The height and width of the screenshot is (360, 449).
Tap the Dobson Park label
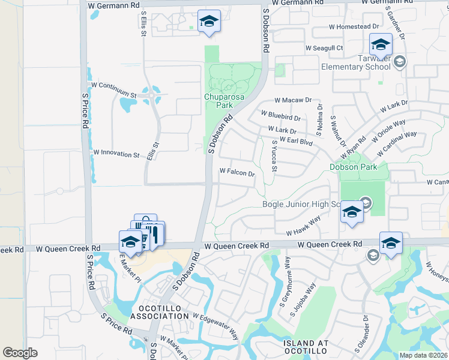[354, 167]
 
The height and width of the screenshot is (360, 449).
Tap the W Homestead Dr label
[354, 26]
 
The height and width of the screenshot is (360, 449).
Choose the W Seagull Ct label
[324, 48]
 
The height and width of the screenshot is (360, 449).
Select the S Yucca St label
[274, 155]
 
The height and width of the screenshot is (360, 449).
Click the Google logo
[20, 352]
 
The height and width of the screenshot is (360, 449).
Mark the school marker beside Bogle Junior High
[352, 212]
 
